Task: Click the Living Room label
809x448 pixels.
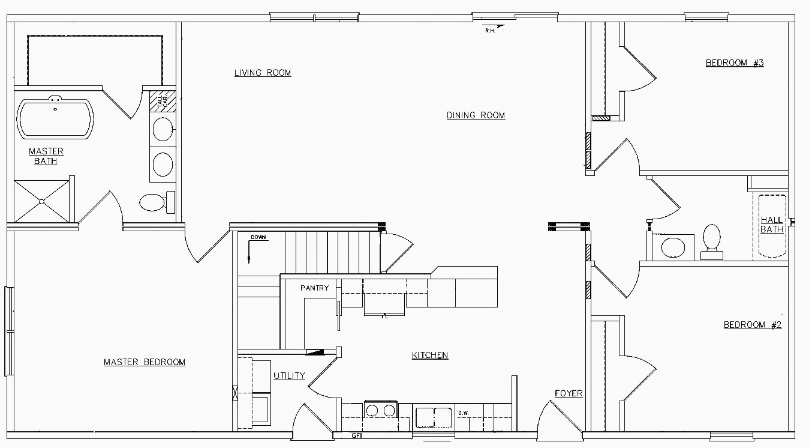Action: coord(262,73)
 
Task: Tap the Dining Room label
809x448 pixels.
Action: coord(476,115)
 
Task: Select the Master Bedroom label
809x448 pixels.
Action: coord(145,362)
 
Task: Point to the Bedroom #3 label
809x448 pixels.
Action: coord(734,63)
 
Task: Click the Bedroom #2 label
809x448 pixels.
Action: coord(753,325)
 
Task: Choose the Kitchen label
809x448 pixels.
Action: coord(429,355)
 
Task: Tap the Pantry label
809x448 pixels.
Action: coord(314,288)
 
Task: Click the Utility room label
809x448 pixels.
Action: coord(289,376)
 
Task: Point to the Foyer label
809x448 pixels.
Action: coord(568,393)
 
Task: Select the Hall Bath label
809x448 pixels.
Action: coord(772,225)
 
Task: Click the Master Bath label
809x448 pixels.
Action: coord(46,156)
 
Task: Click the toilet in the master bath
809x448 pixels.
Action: coord(155,202)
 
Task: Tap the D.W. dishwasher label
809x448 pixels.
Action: coord(463,413)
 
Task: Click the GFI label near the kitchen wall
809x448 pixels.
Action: coord(356,435)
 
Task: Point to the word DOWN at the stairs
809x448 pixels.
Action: coord(258,237)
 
